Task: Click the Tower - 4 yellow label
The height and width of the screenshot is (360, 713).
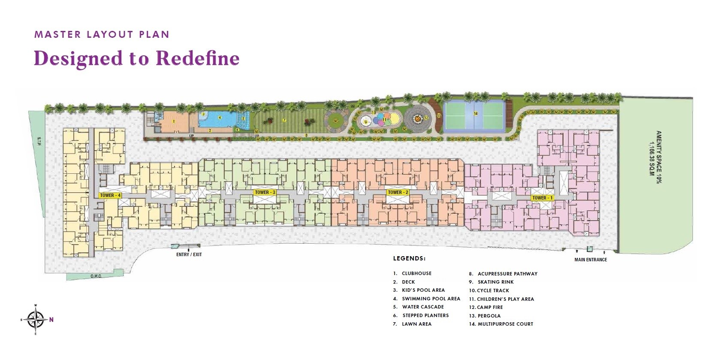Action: [110, 195]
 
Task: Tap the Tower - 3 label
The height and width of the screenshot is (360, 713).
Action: [265, 192]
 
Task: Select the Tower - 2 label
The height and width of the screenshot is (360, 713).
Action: [398, 192]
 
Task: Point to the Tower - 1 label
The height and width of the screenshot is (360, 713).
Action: [542, 198]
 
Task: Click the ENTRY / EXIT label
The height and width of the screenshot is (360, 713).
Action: [189, 254]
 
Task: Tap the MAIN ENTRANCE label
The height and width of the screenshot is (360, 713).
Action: [590, 260]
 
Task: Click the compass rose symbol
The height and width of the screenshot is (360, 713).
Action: [36, 319]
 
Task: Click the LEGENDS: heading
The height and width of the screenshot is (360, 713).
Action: [409, 259]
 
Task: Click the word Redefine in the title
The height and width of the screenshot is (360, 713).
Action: [197, 58]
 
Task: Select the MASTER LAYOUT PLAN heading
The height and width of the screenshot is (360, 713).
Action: [102, 34]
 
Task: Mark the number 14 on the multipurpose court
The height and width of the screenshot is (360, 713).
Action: [475, 114]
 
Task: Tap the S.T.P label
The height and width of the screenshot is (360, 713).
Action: [38, 140]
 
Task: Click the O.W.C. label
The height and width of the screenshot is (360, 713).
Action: [96, 276]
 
